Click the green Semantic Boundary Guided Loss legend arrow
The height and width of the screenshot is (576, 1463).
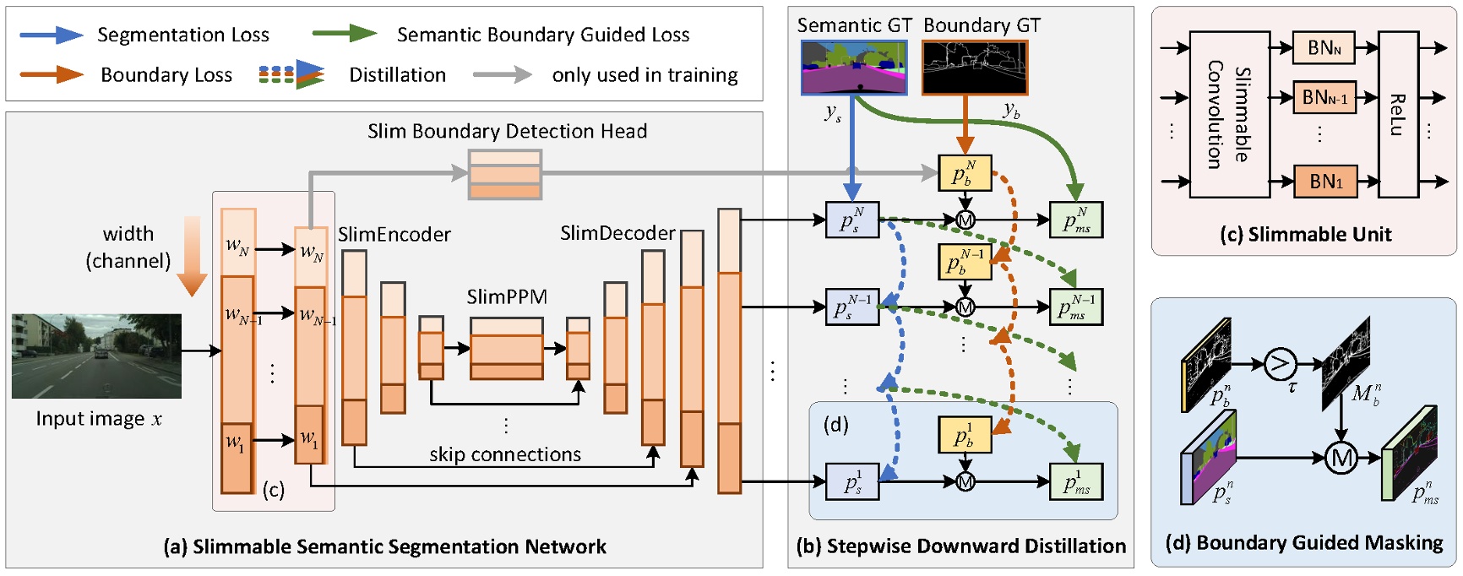[344, 34]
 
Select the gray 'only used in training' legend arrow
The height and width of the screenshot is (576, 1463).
[502, 74]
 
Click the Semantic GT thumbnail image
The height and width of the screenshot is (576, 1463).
[853, 67]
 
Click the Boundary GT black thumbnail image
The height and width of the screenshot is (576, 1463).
[974, 67]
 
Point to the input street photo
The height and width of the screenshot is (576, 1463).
[96, 356]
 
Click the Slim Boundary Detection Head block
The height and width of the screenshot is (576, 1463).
[504, 174]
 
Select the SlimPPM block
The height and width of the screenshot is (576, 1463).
[506, 348]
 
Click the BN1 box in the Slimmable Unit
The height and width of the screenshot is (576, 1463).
[1324, 182]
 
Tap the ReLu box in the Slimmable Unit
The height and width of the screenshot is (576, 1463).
[1397, 114]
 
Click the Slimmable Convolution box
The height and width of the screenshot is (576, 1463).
[1229, 114]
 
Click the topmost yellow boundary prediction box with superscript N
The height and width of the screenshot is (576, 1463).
[964, 173]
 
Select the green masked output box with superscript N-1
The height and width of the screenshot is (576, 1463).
[1075, 307]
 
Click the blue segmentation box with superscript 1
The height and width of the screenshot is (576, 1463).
[852, 481]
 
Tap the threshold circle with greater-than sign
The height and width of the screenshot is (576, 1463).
[1280, 364]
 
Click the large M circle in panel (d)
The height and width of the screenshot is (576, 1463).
[1340, 459]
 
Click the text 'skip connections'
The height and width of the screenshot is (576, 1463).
[504, 454]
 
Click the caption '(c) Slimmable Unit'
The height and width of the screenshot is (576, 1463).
[1305, 234]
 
